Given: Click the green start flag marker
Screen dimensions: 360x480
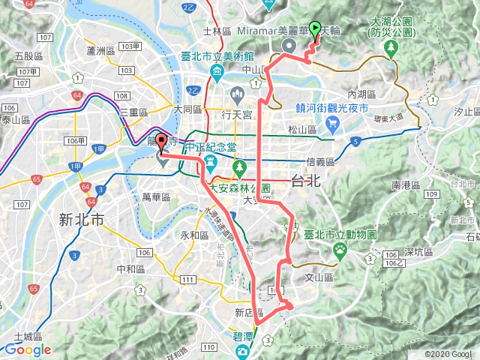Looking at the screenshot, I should click(315, 29).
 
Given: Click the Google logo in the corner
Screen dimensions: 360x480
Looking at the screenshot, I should click(27, 349).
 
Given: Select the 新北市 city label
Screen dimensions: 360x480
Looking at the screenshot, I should click(82, 219).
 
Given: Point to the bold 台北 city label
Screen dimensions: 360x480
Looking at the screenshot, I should click(305, 181).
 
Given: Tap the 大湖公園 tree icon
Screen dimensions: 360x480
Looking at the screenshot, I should click(390, 49).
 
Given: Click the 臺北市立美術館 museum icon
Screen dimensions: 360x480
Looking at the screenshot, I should click(217, 73).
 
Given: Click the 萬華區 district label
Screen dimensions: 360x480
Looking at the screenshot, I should click(157, 196).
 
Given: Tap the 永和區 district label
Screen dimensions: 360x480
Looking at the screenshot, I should click(193, 235).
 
